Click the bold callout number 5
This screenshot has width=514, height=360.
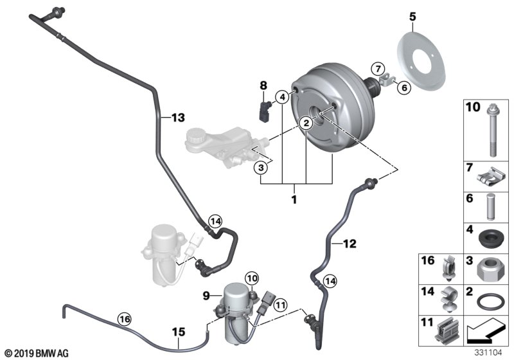click(412, 16)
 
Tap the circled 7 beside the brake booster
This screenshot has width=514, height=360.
click(378, 69)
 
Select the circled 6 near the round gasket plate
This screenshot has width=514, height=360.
click(404, 87)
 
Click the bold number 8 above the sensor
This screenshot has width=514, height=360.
click(263, 85)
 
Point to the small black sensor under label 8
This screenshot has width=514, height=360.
click(265, 110)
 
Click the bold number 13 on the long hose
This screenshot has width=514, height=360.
click(179, 118)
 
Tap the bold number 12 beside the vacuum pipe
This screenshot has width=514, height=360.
click(350, 244)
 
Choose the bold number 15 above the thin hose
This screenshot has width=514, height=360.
click(179, 332)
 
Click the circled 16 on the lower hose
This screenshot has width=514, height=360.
click(125, 319)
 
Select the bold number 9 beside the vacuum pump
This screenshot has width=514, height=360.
click(206, 296)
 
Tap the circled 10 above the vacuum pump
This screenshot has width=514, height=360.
click(253, 279)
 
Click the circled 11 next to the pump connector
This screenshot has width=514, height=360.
click(280, 305)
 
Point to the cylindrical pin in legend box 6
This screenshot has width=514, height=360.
click(490, 206)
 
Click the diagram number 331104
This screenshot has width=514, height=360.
click(488, 353)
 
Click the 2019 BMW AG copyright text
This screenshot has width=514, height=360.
click(37, 354)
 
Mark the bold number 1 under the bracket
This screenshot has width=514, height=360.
click(294, 199)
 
